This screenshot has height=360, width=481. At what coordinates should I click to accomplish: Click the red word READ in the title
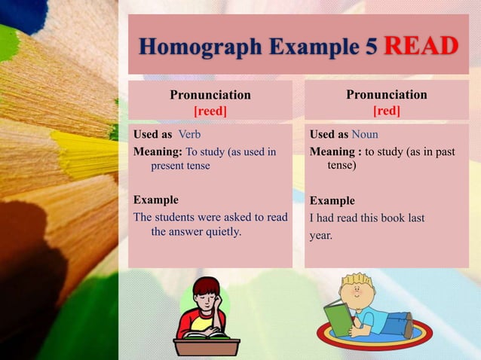(x=421, y=46)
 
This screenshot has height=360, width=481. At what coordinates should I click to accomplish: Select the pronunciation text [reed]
(x=210, y=111)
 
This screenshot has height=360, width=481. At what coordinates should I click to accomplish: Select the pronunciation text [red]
(x=387, y=111)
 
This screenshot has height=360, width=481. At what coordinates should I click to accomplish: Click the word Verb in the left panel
(x=189, y=134)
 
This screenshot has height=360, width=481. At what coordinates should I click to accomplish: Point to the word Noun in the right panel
(x=365, y=134)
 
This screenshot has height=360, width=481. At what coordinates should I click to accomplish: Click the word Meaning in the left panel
(x=157, y=152)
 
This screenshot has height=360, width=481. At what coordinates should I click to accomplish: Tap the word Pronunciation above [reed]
(x=210, y=95)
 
